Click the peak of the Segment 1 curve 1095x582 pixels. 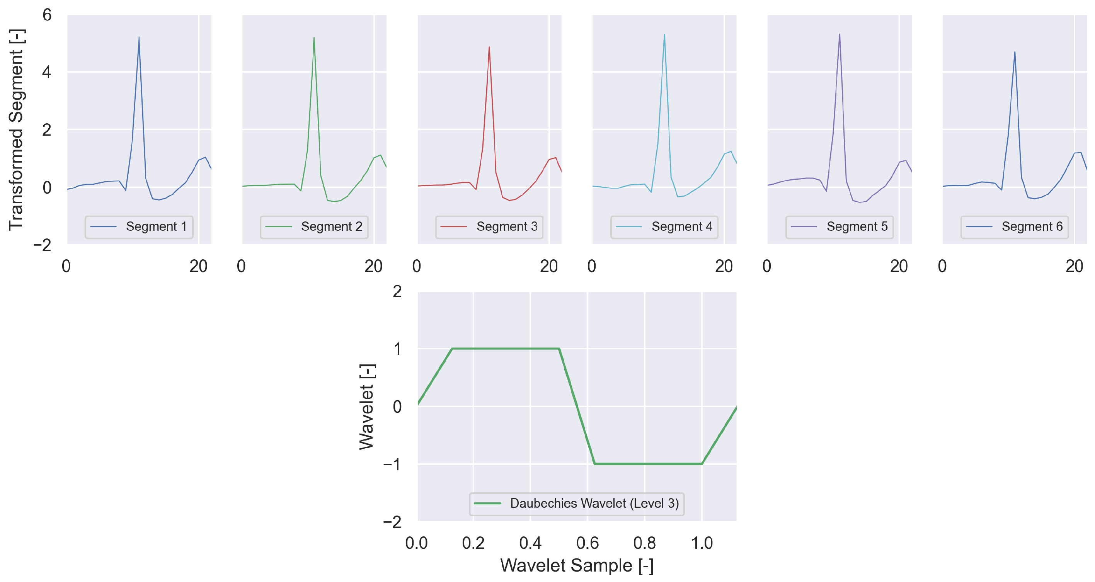(x=139, y=37)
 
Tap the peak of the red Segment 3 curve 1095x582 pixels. (x=489, y=47)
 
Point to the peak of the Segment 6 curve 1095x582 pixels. (x=1015, y=52)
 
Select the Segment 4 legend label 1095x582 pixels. (x=681, y=226)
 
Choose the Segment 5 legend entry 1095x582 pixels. (x=857, y=226)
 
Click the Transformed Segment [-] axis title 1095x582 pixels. (x=16, y=130)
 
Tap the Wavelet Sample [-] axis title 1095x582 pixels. (x=577, y=565)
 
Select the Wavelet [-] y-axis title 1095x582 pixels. (x=366, y=407)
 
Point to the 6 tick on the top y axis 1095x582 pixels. (x=47, y=15)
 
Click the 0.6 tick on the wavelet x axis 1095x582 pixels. (x=588, y=543)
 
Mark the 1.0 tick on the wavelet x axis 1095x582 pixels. (x=702, y=543)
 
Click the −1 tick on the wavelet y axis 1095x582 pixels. (x=392, y=464)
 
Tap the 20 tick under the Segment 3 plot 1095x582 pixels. (x=549, y=267)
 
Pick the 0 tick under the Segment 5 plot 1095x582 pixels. (x=767, y=267)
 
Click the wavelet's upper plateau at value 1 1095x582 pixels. (x=506, y=349)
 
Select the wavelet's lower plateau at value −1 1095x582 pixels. (x=648, y=464)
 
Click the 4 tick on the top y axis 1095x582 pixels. (x=47, y=72)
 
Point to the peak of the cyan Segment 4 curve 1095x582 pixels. (x=664, y=35)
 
